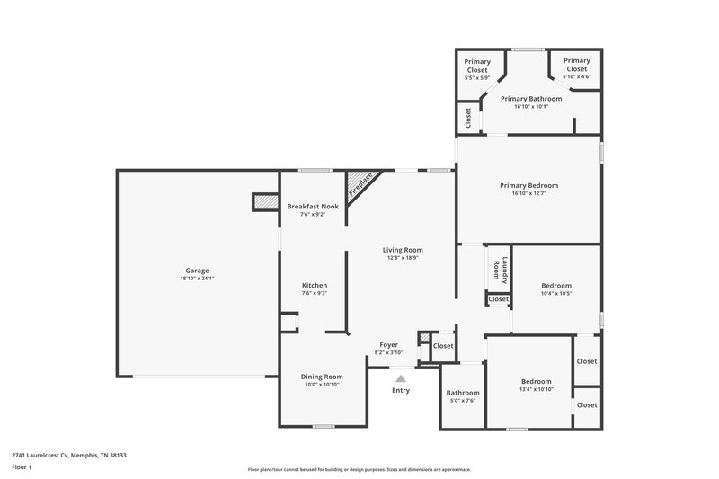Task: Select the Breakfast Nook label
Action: click(313, 206)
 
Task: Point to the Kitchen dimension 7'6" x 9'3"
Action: click(314, 293)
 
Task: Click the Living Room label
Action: click(403, 250)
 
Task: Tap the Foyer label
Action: click(388, 344)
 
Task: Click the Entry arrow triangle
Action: click(401, 378)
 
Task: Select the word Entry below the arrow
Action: click(401, 390)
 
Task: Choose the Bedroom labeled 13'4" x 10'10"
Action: click(537, 381)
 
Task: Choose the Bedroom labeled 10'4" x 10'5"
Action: click(556, 285)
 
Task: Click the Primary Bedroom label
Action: click(528, 185)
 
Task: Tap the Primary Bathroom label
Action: click(531, 98)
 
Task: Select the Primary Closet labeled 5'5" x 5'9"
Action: click(477, 66)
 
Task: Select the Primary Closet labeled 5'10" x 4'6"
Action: click(576, 64)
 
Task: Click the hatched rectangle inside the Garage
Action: click(264, 202)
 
